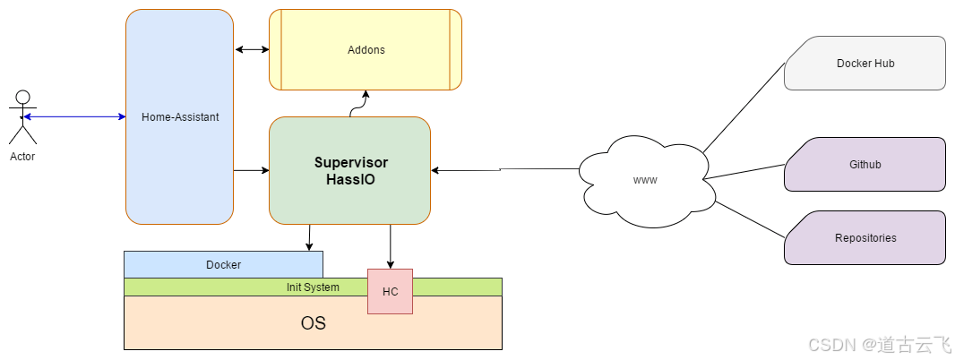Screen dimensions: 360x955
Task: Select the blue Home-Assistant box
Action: [x=179, y=116]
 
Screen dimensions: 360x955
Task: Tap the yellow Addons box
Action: [x=366, y=50]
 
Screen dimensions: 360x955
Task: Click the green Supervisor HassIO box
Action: [x=350, y=170]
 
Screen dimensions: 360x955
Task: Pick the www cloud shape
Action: [x=645, y=179]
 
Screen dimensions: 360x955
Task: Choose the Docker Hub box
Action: [x=865, y=64]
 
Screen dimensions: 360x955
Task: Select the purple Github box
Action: [x=865, y=165]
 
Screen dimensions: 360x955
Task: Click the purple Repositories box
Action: [x=865, y=238]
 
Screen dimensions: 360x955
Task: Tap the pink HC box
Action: [x=390, y=292]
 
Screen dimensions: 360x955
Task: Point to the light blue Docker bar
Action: [x=223, y=265]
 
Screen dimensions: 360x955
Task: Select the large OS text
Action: [x=313, y=323]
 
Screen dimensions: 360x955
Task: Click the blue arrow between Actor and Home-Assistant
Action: [x=76, y=116]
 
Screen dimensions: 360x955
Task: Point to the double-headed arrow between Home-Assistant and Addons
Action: [x=252, y=49]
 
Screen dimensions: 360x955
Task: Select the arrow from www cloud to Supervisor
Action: [x=502, y=169]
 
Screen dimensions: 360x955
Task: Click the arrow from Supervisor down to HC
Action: [x=390, y=246]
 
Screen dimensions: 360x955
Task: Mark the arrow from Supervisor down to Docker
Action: [x=309, y=237]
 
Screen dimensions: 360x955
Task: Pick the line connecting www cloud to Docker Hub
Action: [x=744, y=107]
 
